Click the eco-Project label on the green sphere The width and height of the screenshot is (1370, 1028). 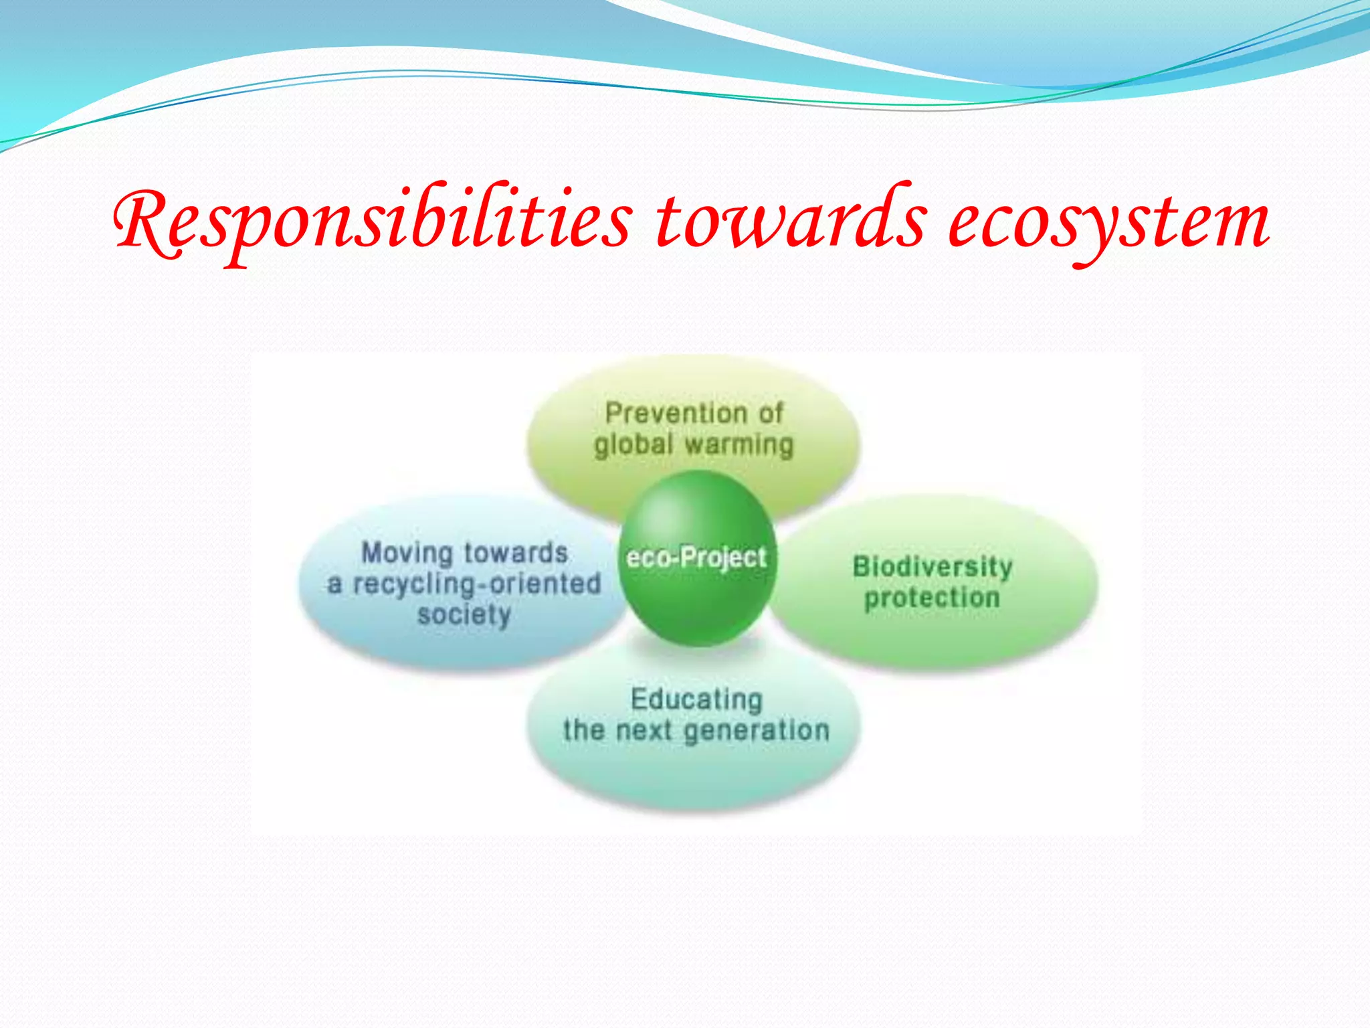click(696, 558)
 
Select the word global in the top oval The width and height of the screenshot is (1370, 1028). click(633, 444)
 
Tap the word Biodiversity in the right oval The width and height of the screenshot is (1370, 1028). click(933, 567)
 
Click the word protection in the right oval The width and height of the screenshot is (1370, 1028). click(932, 598)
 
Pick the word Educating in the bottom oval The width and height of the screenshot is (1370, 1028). click(696, 699)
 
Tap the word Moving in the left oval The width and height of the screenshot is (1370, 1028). click(407, 553)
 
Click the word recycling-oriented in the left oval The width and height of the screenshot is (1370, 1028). click(477, 584)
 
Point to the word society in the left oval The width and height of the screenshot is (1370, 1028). click(464, 614)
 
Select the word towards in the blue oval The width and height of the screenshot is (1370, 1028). click(516, 553)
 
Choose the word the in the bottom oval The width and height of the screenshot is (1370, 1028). click(583, 730)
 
